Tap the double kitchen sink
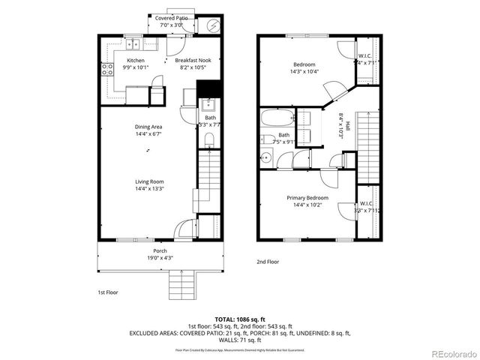[x=132, y=43]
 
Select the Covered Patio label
[x=172, y=17]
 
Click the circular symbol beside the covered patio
[x=213, y=25]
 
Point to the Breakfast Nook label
[x=192, y=60]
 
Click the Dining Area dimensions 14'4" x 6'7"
[x=148, y=134]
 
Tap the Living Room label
[x=149, y=181]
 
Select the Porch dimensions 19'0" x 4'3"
[x=160, y=258]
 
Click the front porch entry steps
[x=183, y=284]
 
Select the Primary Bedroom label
[x=304, y=198]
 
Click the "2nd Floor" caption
[x=267, y=262]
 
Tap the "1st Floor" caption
[x=107, y=292]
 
